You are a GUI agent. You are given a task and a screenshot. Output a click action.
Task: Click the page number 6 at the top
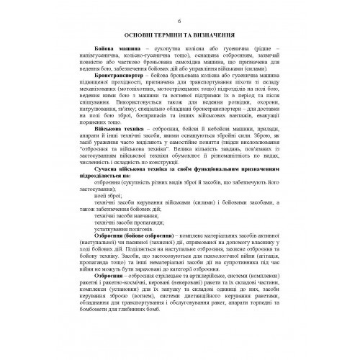179,12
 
